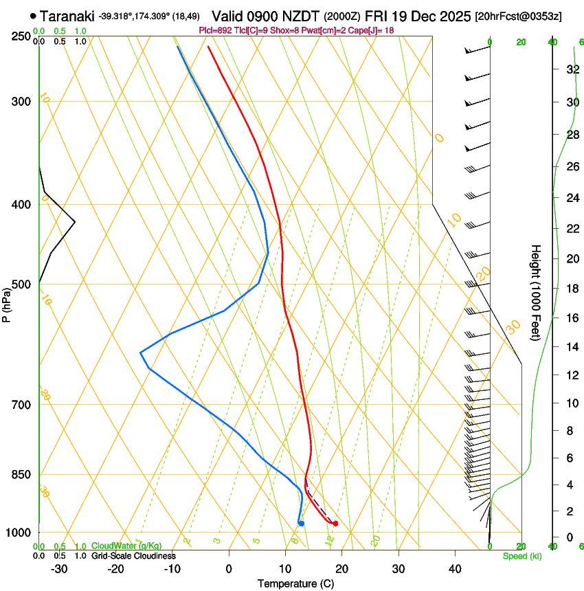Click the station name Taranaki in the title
pos(68,16)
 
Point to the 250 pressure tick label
pos(21,36)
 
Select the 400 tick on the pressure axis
pos(21,205)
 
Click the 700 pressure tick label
pos(21,405)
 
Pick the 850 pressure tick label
pos(21,475)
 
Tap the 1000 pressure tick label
pos(19,533)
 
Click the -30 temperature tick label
pos(58,569)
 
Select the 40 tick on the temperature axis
pos(454,569)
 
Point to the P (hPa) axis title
pos(6,302)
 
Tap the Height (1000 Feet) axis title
pos(536,292)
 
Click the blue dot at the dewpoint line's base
pos(301,524)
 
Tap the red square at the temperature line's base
pos(335,524)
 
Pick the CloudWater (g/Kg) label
pos(126,546)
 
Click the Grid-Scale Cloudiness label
pos(133,556)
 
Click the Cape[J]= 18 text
pos(370,30)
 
